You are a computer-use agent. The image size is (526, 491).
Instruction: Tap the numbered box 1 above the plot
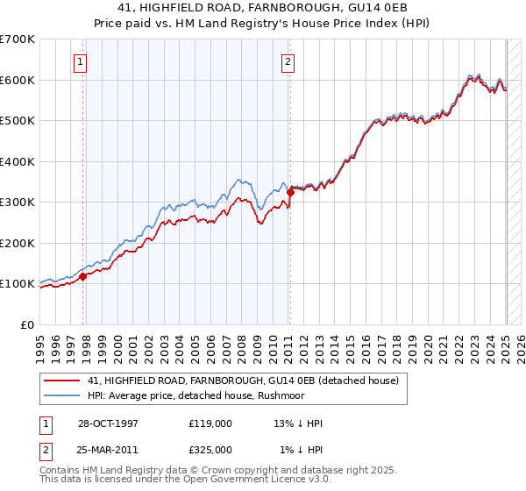(80, 61)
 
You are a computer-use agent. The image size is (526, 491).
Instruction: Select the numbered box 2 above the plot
(288, 61)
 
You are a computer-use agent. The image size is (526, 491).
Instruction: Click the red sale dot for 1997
(83, 276)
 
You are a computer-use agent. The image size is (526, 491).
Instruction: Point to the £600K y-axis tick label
(18, 80)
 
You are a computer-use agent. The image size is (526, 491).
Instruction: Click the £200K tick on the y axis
(18, 243)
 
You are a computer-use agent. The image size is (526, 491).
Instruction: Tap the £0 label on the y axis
(26, 324)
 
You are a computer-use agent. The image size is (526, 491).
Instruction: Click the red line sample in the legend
(62, 381)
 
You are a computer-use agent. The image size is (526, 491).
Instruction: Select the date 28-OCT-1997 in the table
(109, 423)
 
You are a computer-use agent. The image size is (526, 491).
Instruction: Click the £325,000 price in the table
(210, 450)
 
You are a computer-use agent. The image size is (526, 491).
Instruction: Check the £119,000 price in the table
(210, 423)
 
